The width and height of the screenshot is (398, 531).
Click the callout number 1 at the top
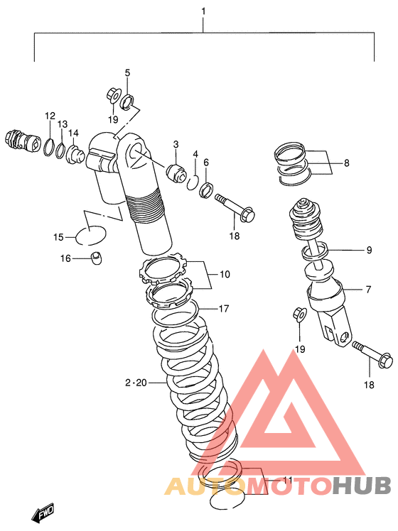203,11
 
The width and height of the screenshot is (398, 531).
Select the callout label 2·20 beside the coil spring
136,383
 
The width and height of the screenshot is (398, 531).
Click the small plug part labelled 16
97,258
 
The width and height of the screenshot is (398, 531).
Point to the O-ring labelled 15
90,236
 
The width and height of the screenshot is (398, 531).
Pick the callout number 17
224,309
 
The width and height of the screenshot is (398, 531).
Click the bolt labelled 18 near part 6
235,207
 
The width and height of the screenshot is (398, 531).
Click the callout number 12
50,116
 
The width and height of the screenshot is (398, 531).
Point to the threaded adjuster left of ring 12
23,141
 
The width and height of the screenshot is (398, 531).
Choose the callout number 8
346,163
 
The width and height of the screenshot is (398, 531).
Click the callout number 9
369,250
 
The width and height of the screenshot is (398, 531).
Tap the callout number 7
369,290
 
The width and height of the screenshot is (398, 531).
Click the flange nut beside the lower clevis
300,314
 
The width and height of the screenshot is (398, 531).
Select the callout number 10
225,274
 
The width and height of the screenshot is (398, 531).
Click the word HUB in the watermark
361,486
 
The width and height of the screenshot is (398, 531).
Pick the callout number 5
127,72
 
